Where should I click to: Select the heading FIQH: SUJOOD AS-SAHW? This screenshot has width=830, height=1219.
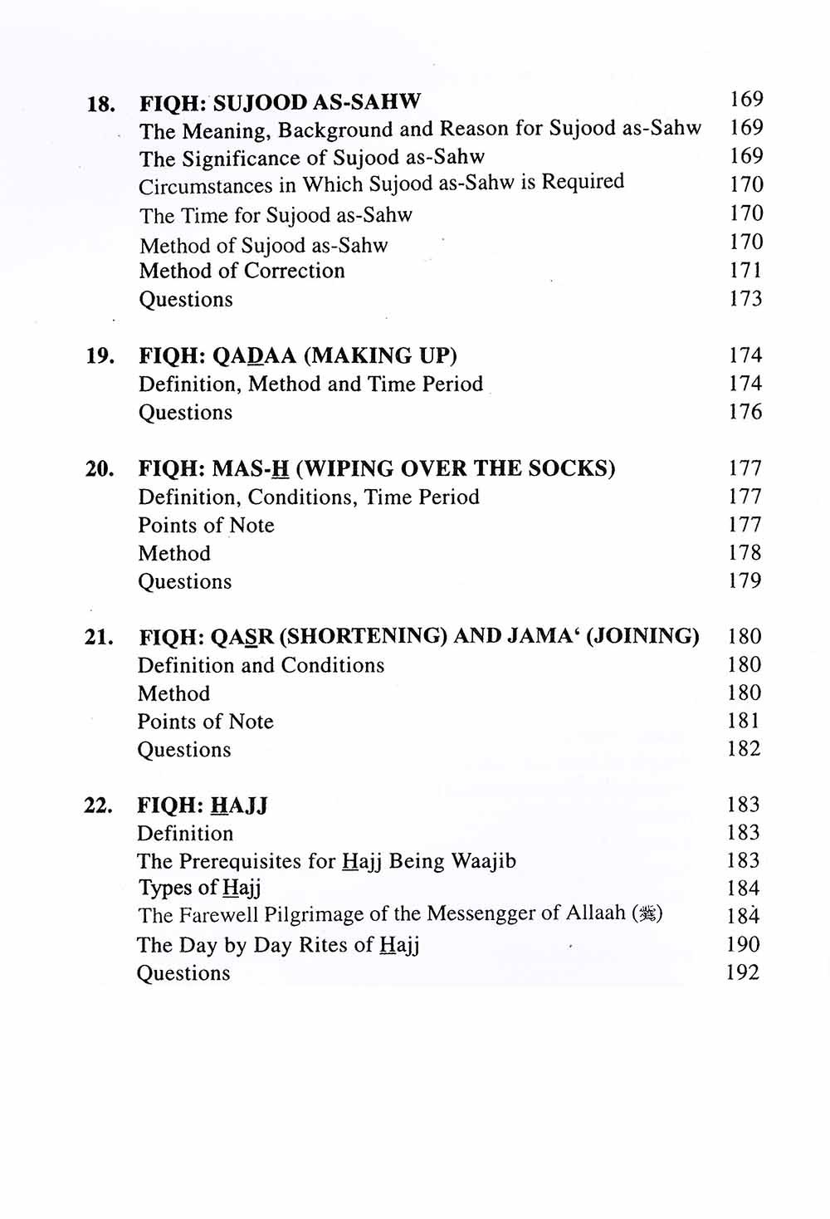280,103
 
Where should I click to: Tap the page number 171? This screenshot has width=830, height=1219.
745,270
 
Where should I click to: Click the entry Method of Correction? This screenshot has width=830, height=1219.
242,271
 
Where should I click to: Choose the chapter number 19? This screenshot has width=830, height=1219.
100,356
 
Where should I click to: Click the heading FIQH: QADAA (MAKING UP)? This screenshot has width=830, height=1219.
298,356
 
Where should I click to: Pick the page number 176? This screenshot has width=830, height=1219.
745,412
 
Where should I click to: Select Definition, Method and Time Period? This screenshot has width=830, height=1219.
310,384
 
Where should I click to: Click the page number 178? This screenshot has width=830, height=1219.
745,553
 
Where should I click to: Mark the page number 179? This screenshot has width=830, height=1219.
745,581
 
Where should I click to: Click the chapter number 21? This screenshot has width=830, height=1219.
99,638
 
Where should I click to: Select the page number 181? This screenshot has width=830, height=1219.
744,721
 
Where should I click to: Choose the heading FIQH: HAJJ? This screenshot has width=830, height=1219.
203,805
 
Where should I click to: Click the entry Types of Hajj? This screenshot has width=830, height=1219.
199,888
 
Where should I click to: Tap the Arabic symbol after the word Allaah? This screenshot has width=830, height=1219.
647,915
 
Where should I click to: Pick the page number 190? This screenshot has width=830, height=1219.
742,944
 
